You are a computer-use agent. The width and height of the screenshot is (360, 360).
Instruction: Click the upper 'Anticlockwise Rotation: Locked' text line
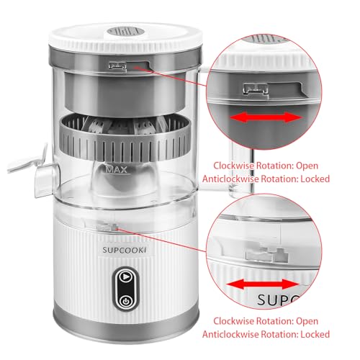coord(275,178)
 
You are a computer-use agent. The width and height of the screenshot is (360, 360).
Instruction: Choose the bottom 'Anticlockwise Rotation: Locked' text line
coord(275,334)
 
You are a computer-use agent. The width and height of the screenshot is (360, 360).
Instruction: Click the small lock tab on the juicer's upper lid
coord(117,65)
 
